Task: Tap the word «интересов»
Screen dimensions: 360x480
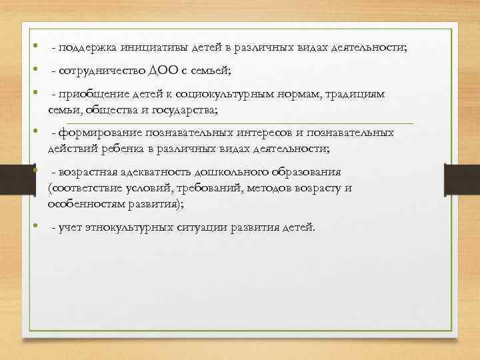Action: [260, 133]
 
